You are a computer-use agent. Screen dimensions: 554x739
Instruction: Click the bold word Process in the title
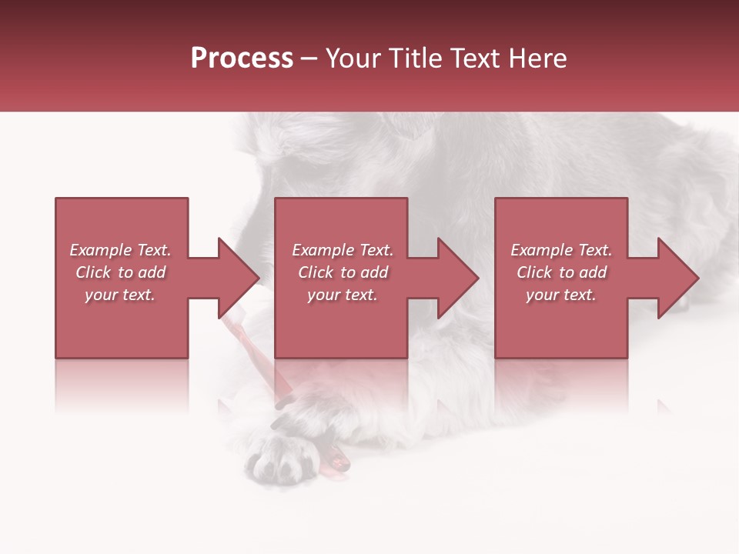point(242,58)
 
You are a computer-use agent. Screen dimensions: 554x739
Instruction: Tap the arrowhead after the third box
point(677,278)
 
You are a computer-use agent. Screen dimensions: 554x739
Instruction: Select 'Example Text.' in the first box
point(121,250)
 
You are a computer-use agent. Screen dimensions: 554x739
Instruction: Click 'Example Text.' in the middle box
point(343,250)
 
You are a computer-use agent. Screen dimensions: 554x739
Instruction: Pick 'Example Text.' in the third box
point(561,250)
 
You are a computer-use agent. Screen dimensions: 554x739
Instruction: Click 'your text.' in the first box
point(121,295)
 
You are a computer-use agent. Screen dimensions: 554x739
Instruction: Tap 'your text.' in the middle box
point(343,295)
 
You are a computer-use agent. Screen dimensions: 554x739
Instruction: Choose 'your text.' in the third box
point(561,295)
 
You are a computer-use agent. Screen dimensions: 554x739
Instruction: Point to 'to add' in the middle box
point(364,272)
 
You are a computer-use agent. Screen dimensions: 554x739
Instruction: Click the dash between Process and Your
point(309,58)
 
